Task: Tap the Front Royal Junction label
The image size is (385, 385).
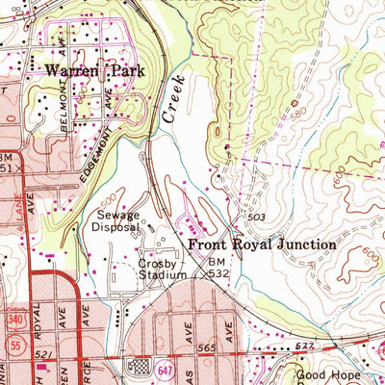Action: click(261, 245)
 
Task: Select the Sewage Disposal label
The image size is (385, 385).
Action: click(115, 222)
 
